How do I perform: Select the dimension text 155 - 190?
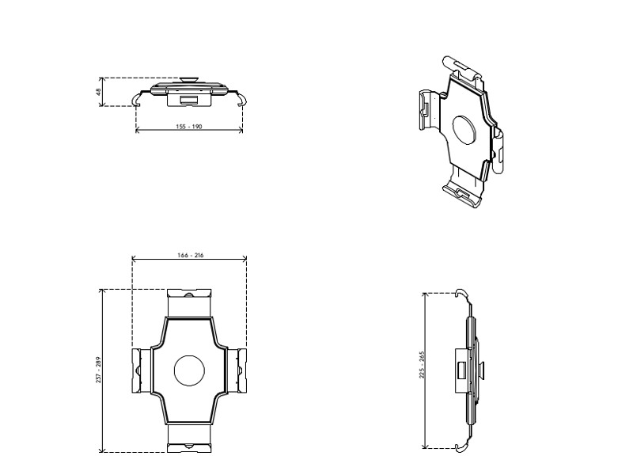[189, 126]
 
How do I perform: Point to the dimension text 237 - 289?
[99, 370]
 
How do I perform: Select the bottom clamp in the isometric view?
[464, 192]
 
